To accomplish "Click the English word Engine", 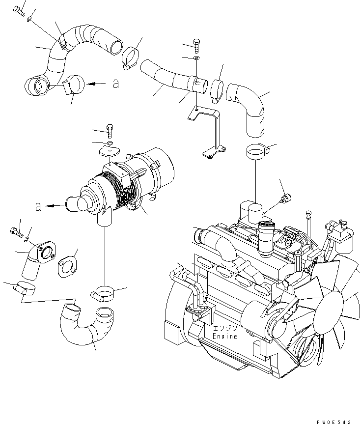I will (x=225, y=337).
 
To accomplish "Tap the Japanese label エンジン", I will (x=225, y=328).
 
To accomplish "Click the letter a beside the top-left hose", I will (x=115, y=84).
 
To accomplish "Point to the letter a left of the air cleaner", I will (x=38, y=207).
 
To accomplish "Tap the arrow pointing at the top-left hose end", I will (x=96, y=84).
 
